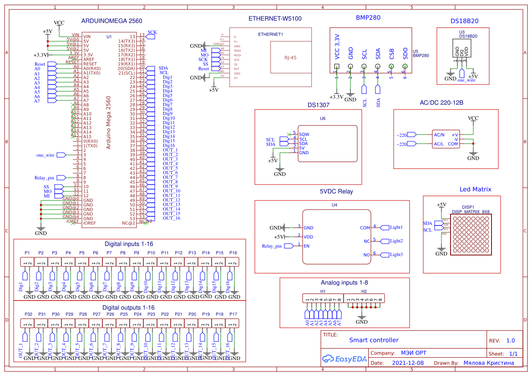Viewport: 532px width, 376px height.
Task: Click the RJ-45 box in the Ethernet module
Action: (290, 57)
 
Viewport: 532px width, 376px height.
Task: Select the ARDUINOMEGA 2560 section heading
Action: (111, 21)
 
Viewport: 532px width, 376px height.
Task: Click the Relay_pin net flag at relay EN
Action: (273, 246)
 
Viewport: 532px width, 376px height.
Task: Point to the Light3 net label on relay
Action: (396, 255)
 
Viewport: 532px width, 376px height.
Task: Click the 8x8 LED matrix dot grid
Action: (471, 235)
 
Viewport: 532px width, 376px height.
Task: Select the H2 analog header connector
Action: (364, 299)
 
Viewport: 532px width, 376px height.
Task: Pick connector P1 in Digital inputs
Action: (27, 262)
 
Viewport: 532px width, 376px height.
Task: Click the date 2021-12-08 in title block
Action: (408, 363)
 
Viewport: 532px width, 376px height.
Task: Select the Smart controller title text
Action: (374, 340)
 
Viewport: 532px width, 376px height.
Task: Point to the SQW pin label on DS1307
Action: (304, 134)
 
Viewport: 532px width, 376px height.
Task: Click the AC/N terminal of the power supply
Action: (439, 135)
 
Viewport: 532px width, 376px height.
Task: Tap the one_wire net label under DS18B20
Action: (466, 80)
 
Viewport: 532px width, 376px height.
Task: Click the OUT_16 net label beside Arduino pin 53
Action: (172, 218)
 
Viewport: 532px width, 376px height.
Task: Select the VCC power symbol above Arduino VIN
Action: (59, 23)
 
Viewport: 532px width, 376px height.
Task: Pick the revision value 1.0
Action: (510, 341)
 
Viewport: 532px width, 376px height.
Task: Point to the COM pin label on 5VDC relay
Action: (365, 228)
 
